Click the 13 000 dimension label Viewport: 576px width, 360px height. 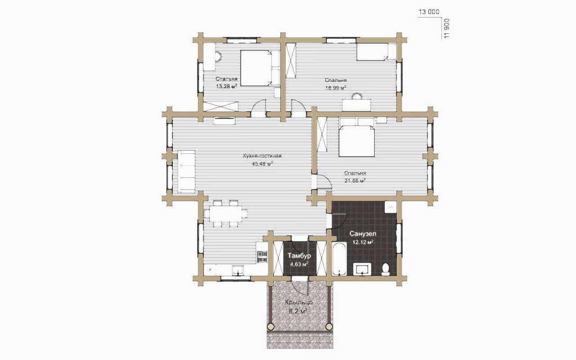(x=429, y=12)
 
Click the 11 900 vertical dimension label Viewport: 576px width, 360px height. (x=447, y=28)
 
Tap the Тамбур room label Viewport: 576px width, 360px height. (x=299, y=256)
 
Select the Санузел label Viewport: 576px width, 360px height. (x=363, y=234)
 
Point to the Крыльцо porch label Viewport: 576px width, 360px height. (x=298, y=302)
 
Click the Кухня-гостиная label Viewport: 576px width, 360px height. (x=262, y=156)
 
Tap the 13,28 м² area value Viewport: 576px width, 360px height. (x=226, y=86)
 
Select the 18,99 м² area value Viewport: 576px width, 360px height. (x=336, y=88)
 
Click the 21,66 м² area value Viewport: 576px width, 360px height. (x=355, y=180)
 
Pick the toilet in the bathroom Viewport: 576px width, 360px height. (x=386, y=270)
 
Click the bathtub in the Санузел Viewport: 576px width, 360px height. (x=339, y=259)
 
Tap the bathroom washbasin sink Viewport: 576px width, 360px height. (x=362, y=269)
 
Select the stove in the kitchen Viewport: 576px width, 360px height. (x=262, y=257)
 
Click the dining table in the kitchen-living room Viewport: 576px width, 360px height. (x=226, y=214)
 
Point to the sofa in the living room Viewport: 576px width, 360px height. (x=186, y=172)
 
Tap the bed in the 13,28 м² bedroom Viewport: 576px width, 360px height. (x=260, y=68)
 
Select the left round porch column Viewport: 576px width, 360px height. (x=270, y=327)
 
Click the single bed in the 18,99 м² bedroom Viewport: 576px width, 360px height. (x=376, y=52)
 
